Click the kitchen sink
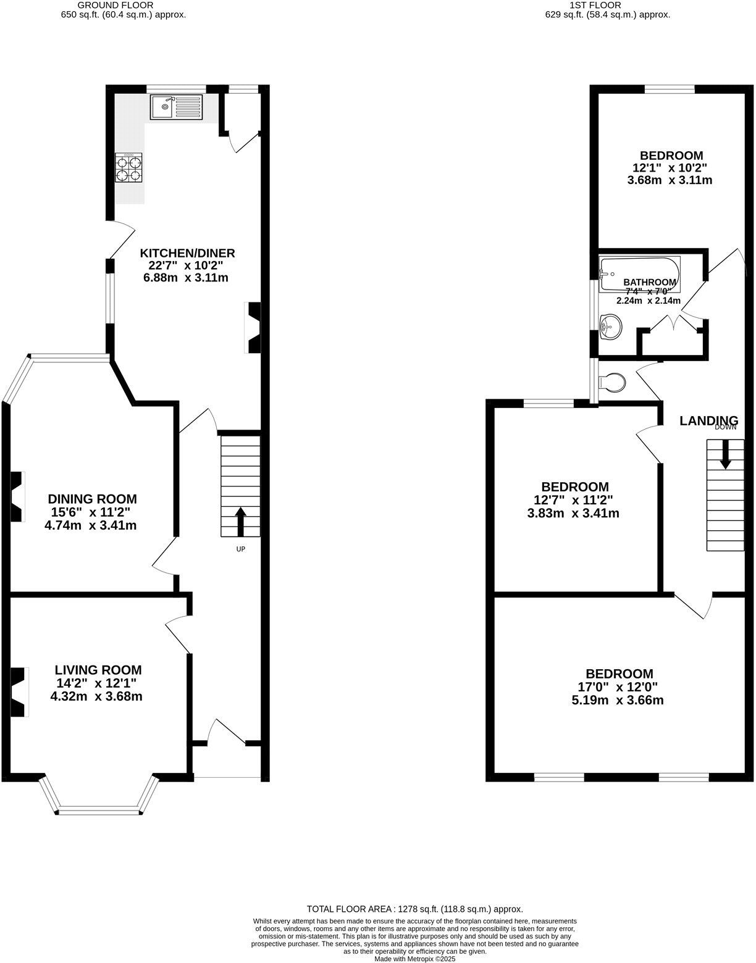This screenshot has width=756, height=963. tap(176, 107)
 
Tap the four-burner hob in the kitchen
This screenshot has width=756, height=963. tap(128, 168)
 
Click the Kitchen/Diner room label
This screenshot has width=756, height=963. tap(187, 253)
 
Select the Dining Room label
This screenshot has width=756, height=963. tap(92, 499)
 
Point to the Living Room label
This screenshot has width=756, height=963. tap(98, 670)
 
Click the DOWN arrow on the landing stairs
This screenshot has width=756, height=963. tap(725, 453)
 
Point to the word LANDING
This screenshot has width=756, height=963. tap(708, 421)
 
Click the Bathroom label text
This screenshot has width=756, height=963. tap(649, 282)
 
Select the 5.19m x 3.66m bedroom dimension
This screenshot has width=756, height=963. tap(619, 701)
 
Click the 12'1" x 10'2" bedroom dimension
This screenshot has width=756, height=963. tap(671, 167)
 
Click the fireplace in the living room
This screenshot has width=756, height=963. tap(19, 692)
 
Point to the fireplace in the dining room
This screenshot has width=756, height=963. tap(18, 496)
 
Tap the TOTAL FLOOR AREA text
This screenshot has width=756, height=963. tap(414, 909)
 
